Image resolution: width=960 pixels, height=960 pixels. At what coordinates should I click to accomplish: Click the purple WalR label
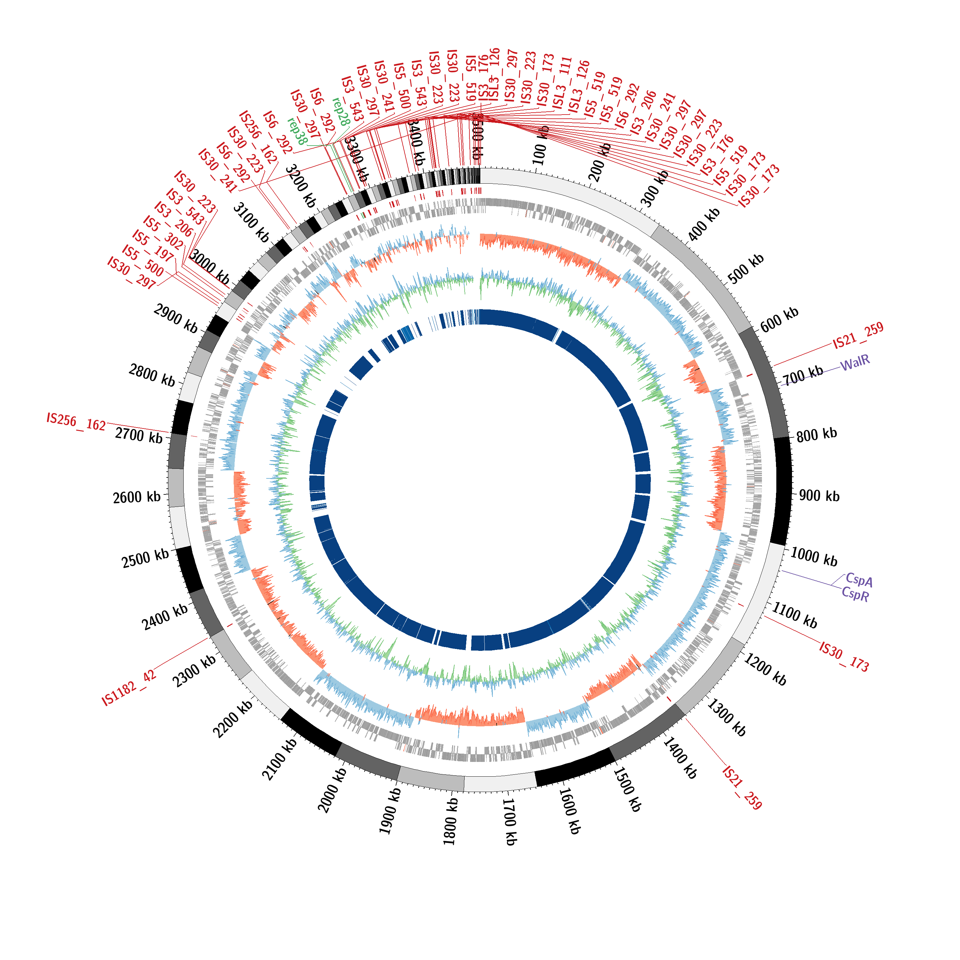click(855, 363)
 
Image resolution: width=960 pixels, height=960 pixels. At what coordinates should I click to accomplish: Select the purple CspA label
click(859, 580)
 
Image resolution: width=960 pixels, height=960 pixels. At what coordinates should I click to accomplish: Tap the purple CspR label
click(855, 594)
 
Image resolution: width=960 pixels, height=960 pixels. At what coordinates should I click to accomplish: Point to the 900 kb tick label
click(819, 496)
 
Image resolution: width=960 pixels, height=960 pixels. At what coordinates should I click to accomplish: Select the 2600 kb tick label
click(137, 497)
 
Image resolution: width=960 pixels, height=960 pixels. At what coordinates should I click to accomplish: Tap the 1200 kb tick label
click(765, 669)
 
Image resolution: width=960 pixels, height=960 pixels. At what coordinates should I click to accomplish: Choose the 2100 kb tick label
click(279, 760)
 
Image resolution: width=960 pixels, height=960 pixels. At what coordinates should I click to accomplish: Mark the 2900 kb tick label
click(175, 318)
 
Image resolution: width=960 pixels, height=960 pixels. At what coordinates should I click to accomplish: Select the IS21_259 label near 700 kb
click(858, 335)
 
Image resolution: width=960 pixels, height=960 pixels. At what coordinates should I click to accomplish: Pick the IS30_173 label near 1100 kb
click(844, 657)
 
